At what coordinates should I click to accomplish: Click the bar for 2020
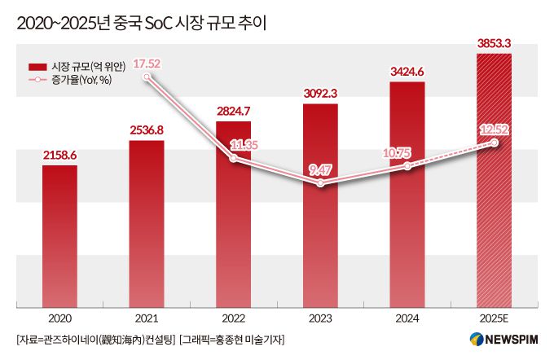59,236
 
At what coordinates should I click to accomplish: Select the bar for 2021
147,224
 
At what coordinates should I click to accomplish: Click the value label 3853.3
494,43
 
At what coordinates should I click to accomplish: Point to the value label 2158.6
59,155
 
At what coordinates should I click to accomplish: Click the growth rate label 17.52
147,63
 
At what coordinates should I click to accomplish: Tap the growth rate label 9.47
320,171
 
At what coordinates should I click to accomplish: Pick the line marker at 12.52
494,143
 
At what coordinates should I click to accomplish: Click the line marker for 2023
320,185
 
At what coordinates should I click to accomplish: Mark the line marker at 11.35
234,159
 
